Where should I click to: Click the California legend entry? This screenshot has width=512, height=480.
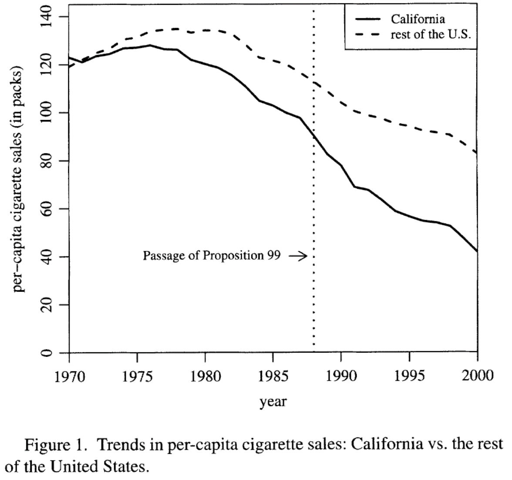coord(418,20)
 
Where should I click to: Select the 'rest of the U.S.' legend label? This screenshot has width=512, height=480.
coord(431,35)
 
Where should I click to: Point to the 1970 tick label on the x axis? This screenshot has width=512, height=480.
coord(70,376)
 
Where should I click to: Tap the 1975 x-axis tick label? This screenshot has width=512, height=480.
coord(138,376)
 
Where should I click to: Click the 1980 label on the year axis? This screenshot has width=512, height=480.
coord(205,376)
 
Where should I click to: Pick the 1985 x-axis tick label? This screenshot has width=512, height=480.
coord(273,376)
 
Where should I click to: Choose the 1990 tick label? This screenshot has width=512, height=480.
coord(341,376)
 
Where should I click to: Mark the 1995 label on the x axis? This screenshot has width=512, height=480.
coord(409,376)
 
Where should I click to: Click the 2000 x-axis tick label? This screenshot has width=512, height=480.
coord(476,376)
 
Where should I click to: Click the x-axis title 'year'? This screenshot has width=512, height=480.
coord(273,401)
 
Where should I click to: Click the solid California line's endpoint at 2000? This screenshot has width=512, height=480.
coord(478,251)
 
